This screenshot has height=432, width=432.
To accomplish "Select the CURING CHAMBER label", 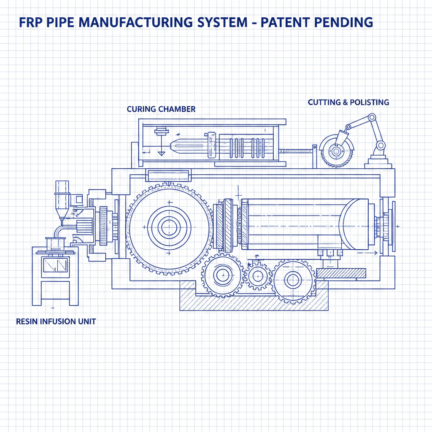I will (161, 109).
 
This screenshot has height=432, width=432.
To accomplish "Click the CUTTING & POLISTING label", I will (348, 102).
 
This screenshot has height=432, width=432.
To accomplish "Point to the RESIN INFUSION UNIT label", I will (56, 321).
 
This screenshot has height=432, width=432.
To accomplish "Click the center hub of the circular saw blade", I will (336, 151).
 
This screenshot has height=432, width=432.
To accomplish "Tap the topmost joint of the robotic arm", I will (372, 117).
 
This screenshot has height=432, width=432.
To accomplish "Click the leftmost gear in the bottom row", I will (221, 276).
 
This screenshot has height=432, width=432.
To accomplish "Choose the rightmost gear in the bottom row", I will (292, 279).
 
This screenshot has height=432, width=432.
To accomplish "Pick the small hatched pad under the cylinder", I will (341, 273).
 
